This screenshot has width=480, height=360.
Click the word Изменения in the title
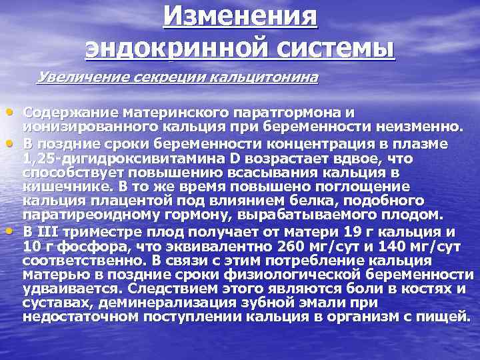tap(241, 15)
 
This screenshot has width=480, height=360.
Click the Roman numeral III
tap(51, 233)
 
